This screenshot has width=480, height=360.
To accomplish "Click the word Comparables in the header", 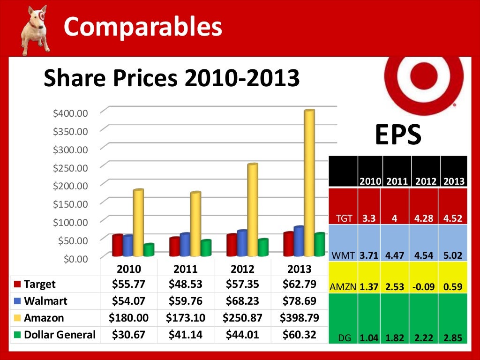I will point(142,26).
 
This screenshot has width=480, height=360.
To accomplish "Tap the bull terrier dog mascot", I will point(36,29).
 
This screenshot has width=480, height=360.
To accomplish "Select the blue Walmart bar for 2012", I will point(242,243).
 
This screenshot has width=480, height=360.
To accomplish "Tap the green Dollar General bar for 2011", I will point(205,248).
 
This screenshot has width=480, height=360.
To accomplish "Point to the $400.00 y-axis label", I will point(70,113).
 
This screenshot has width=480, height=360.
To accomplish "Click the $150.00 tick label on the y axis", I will point(70,204).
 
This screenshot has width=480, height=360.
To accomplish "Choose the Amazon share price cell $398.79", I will point(299,318).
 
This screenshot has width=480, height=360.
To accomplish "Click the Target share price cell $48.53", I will point(185,284).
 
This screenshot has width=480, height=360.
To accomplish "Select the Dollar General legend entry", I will point(55,335).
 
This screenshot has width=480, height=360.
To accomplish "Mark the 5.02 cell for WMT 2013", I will point(453,256).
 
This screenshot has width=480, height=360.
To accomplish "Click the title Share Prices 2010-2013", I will point(172,78).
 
